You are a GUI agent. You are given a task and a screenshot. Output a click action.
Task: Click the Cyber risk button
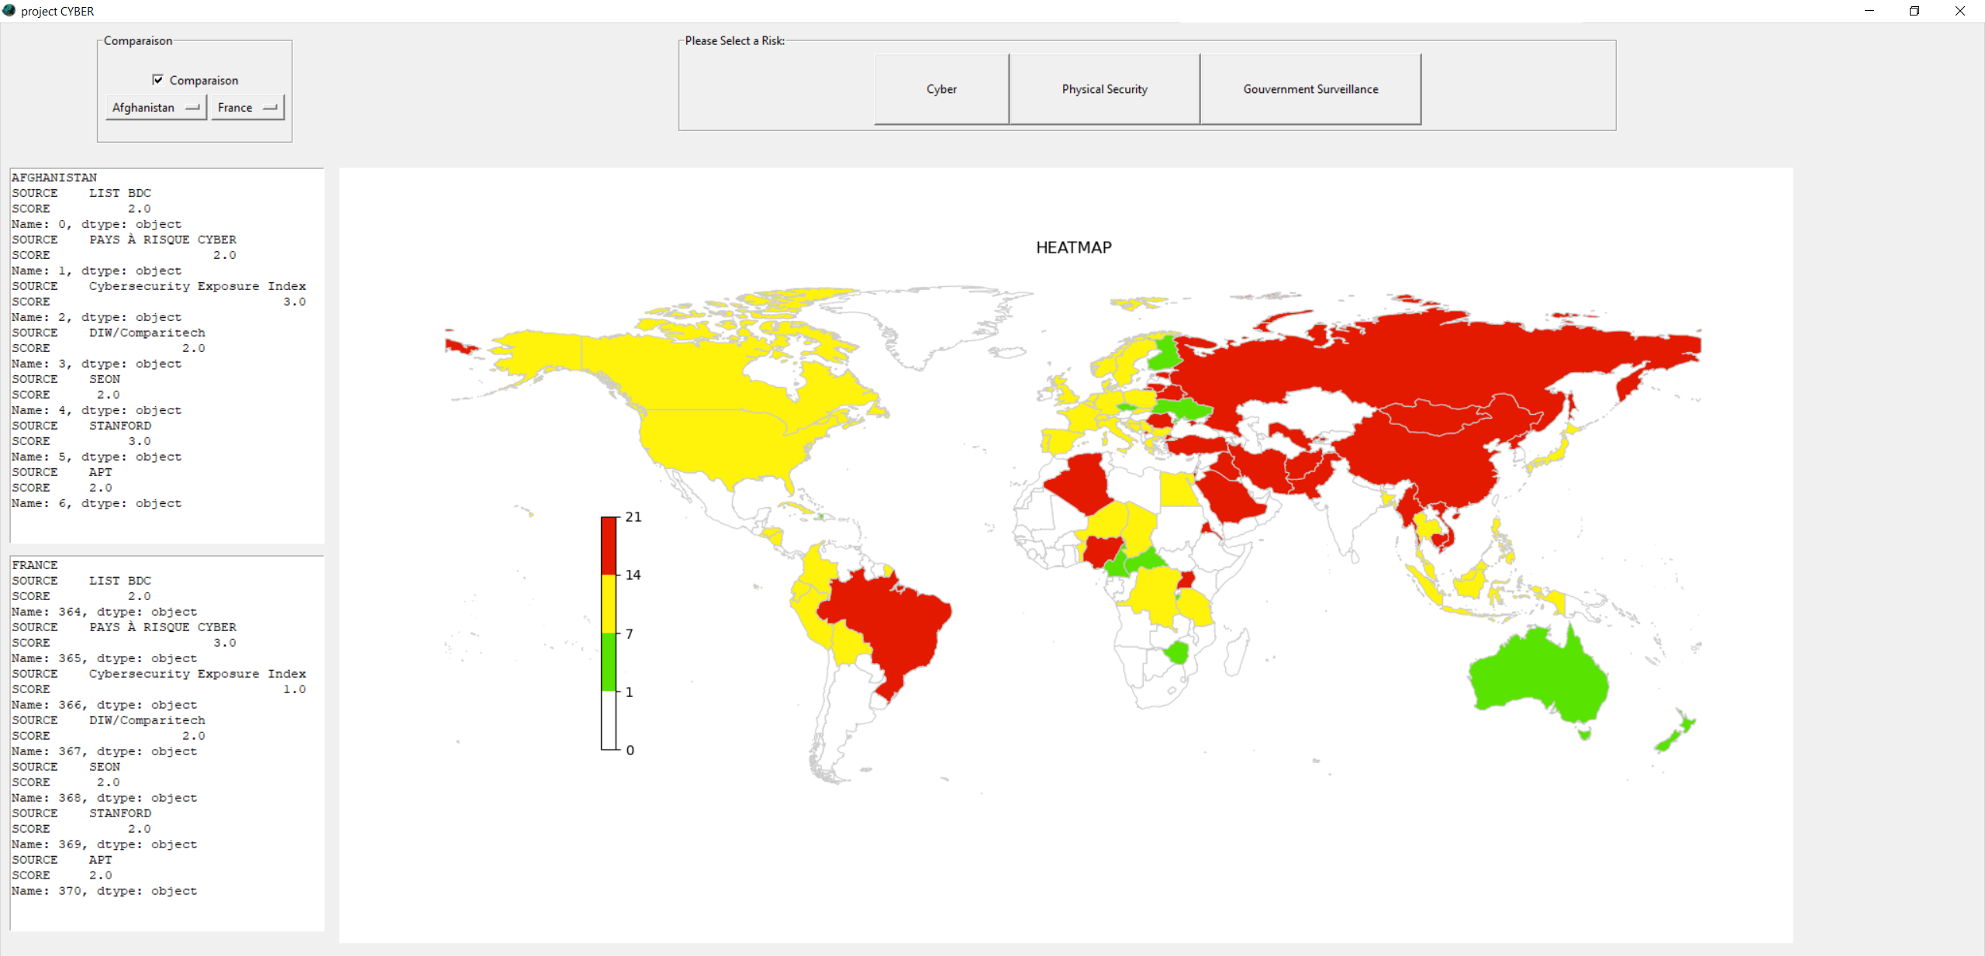click(x=941, y=89)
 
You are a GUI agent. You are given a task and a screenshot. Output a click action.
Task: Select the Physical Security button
click(x=1104, y=89)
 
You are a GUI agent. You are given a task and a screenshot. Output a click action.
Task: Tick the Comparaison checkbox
click(x=158, y=80)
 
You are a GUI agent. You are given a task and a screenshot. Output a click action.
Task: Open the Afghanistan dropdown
click(x=156, y=108)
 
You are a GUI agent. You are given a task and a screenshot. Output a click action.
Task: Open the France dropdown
click(x=247, y=108)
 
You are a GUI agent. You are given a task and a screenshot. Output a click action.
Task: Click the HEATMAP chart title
click(x=1073, y=247)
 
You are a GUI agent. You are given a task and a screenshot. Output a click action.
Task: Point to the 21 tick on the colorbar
click(x=633, y=517)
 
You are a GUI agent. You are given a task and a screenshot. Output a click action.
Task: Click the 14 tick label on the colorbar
click(x=633, y=575)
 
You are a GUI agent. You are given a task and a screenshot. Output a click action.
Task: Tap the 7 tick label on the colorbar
click(x=629, y=634)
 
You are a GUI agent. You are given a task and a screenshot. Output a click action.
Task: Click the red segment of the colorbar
click(x=609, y=546)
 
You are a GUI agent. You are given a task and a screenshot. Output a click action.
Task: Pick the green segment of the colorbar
click(x=609, y=662)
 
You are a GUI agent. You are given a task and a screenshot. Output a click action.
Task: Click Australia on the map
click(x=1539, y=675)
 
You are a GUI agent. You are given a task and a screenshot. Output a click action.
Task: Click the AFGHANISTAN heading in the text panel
click(x=54, y=178)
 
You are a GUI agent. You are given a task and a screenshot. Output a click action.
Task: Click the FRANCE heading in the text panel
click(x=35, y=565)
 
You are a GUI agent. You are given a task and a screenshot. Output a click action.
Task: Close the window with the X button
click(x=1959, y=11)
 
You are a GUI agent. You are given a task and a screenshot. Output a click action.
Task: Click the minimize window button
click(x=1869, y=11)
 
